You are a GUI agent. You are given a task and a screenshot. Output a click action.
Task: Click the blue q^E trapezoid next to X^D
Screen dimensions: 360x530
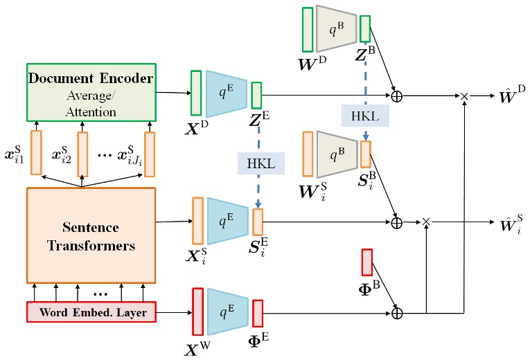coord(226,94)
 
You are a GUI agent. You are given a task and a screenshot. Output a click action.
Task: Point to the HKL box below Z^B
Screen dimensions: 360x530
coord(365,116)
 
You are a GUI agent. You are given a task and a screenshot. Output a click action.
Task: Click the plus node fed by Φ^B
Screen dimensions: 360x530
coord(397,313)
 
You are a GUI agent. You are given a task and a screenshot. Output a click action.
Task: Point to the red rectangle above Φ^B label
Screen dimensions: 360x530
coord(367,262)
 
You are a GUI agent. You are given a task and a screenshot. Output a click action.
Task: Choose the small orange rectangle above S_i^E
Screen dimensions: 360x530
coord(258,222)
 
